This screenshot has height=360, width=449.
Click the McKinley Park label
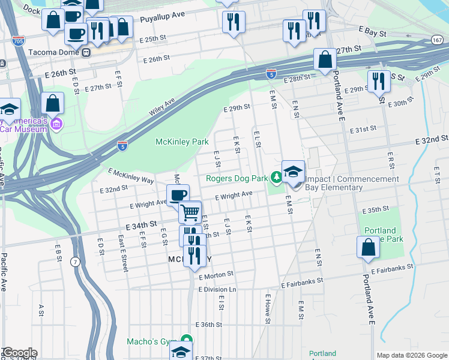click(182, 142)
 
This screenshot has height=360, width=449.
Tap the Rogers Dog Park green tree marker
click(276, 178)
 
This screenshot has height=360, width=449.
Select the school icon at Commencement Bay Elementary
click(293, 172)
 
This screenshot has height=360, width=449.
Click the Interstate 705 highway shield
click(18, 41)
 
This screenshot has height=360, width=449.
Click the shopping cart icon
click(190, 212)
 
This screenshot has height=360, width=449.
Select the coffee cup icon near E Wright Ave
click(178, 196)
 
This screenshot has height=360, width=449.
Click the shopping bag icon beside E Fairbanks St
click(368, 247)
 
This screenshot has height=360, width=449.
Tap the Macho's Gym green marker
click(186, 341)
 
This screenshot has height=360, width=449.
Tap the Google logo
click(19, 353)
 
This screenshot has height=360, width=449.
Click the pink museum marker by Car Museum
click(57, 124)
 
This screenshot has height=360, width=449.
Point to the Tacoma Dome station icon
click(87, 52)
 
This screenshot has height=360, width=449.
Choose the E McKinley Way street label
click(131, 175)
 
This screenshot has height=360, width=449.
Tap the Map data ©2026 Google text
click(411, 355)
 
